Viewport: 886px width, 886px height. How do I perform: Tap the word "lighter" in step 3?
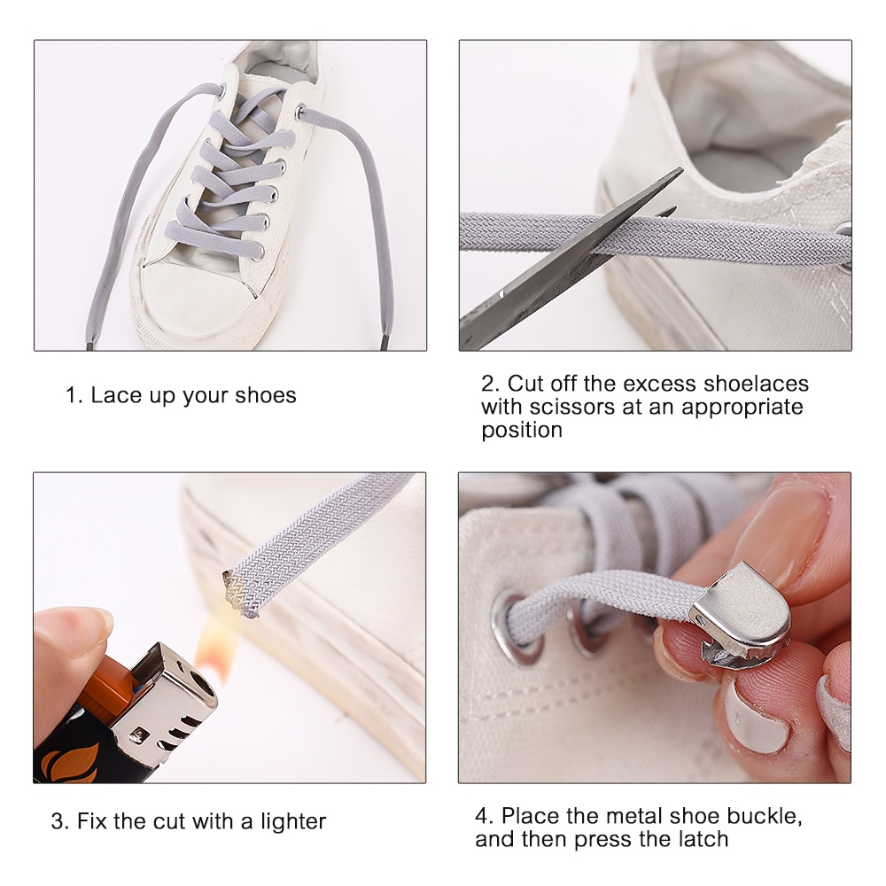pos(293,821)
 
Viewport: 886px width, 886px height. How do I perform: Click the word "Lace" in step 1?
pos(117,395)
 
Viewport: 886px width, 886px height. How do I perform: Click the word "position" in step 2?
pos(522,431)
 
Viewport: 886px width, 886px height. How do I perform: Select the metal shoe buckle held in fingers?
pos(740,618)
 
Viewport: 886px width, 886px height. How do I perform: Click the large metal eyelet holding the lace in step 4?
pos(514,626)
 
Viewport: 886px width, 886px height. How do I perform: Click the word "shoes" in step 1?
pos(265,395)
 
